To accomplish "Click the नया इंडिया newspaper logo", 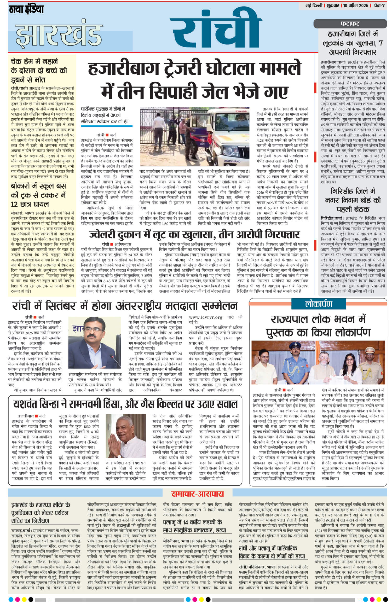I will [26, 9].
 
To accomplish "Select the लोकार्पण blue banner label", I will [318, 304].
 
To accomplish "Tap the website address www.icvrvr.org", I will [206, 317].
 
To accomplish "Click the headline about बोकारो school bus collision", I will [39, 195].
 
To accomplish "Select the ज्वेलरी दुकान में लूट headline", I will [194, 234].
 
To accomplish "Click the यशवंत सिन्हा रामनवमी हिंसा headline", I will [125, 404].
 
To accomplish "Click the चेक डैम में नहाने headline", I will [39, 70].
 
